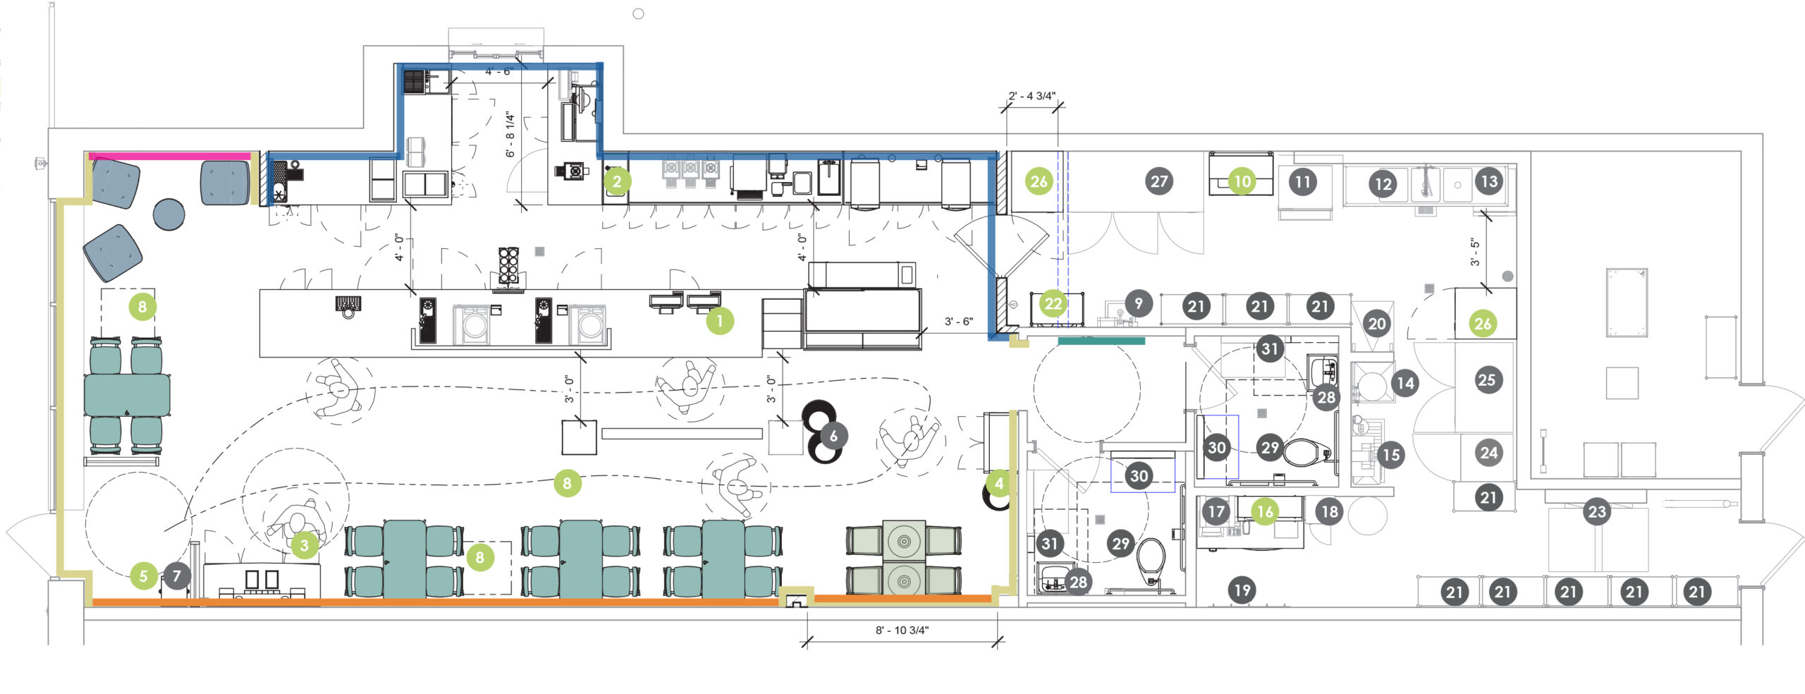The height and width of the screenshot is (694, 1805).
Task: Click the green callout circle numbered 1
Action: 719,321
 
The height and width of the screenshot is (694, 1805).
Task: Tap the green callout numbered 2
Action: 617,181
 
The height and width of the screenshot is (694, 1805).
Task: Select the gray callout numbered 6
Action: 833,436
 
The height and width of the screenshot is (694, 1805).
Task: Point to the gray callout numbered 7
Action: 177,576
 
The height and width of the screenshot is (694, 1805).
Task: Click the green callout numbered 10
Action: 1242,181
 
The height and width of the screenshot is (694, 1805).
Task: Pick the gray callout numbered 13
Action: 1488,181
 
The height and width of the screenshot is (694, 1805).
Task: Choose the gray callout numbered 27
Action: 1159,181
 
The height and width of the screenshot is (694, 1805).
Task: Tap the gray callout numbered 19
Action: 1242,590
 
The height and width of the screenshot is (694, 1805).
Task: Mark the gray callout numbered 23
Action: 1596,511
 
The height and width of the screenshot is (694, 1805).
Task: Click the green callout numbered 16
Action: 1265,511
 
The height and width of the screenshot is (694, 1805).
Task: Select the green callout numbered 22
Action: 1053,304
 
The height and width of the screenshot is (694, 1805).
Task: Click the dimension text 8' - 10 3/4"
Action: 902,630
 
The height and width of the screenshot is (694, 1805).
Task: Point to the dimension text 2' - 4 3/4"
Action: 1032,96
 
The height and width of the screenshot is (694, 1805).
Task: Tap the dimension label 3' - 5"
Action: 1474,252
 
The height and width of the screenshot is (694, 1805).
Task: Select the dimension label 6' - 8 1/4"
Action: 510,134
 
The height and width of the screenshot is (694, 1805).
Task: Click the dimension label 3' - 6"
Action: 959,322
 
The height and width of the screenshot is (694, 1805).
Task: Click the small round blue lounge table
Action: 169,214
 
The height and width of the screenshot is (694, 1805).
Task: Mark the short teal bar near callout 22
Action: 1101,341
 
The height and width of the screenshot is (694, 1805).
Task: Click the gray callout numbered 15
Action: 1390,455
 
